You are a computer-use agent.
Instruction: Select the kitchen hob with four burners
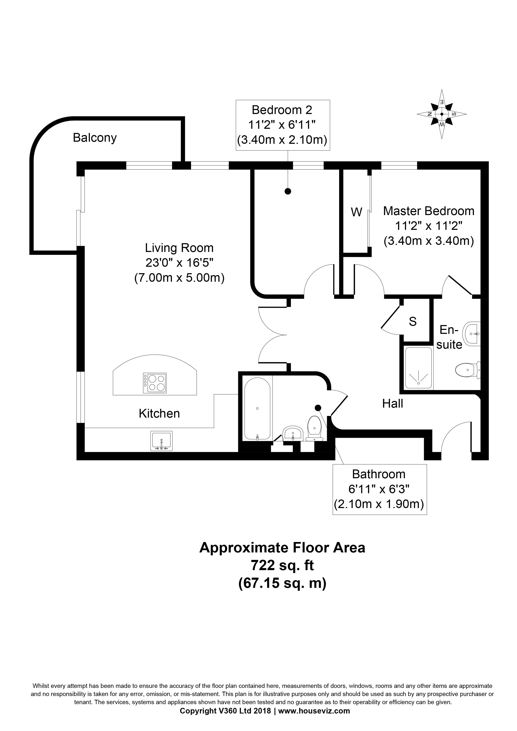click(155, 383)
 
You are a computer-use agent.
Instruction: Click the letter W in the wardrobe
click(356, 212)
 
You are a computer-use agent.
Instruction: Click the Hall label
click(392, 404)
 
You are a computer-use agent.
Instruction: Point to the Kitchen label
click(159, 414)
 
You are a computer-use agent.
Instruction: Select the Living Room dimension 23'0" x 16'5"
click(179, 263)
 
